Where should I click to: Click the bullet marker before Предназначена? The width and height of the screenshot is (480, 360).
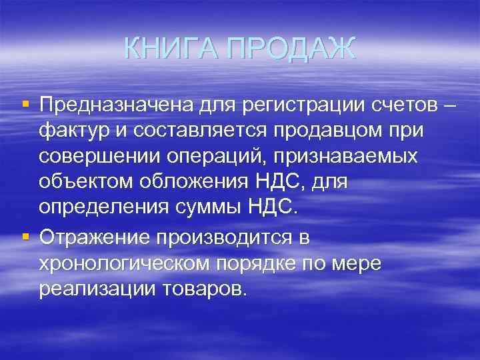[x=25, y=103]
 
